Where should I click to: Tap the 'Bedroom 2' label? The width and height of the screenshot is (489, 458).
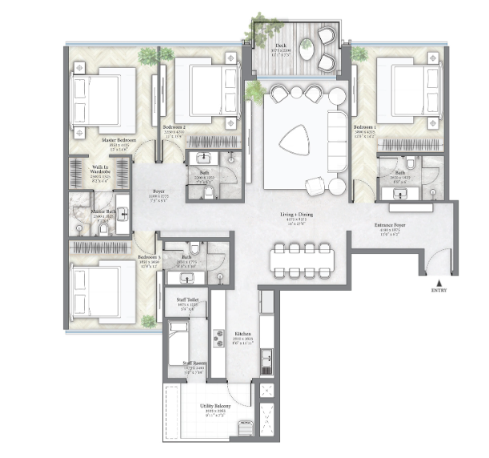pyautogui.click(x=174, y=127)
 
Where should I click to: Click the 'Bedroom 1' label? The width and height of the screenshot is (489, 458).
pyautogui.click(x=364, y=127)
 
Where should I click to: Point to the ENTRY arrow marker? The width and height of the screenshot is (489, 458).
pyautogui.click(x=436, y=281)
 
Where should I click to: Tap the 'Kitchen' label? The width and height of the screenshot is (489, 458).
pyautogui.click(x=243, y=334)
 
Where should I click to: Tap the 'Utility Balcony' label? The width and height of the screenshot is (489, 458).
pyautogui.click(x=214, y=406)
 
